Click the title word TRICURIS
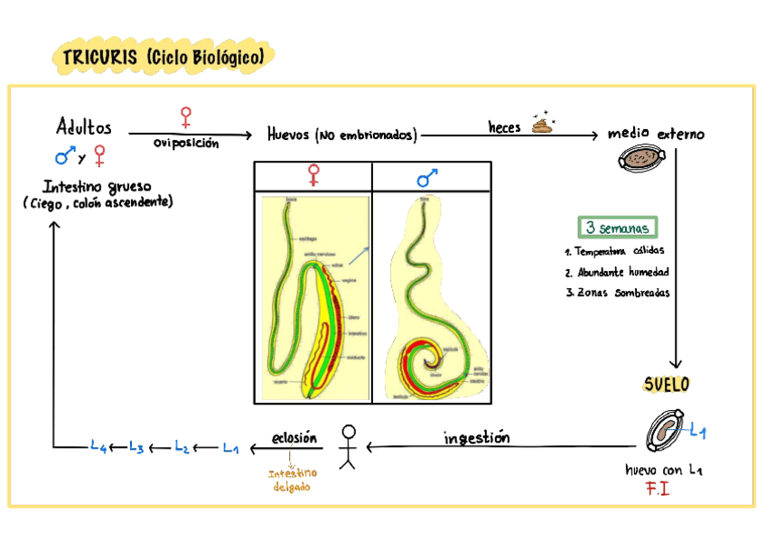tap(97, 58)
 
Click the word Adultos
tap(84, 126)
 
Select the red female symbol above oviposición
tap(186, 117)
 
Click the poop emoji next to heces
tap(542, 124)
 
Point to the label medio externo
tap(656, 135)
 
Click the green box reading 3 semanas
tap(617, 228)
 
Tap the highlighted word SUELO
tap(667, 385)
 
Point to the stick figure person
tap(348, 445)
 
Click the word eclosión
tap(294, 438)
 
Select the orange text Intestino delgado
tap(293, 480)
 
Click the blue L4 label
tap(99, 446)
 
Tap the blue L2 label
tap(182, 446)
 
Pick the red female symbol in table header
tap(313, 175)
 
